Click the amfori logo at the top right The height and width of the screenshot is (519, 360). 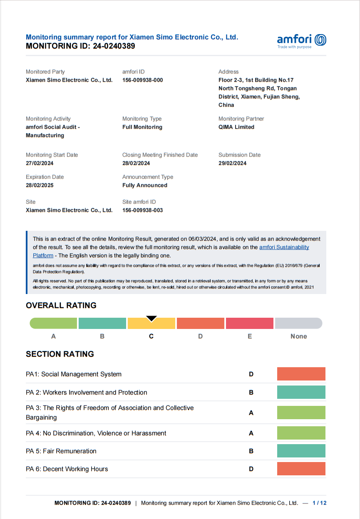click(x=301, y=40)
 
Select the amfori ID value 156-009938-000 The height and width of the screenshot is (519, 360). click(x=142, y=80)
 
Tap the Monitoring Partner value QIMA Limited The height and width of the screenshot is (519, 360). click(x=236, y=127)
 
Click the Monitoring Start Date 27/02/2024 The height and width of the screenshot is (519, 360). click(x=40, y=163)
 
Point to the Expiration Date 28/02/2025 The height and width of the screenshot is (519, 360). click(x=40, y=185)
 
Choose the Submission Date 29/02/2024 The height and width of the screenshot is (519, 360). click(x=232, y=163)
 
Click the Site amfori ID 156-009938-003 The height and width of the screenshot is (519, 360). click(x=142, y=210)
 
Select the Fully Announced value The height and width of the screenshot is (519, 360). click(x=144, y=185)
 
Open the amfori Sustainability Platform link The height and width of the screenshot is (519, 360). click(x=284, y=247)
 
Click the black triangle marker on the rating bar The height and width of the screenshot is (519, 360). click(x=151, y=319)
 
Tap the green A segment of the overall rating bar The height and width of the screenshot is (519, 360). click(x=53, y=323)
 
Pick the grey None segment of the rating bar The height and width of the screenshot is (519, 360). click(x=298, y=323)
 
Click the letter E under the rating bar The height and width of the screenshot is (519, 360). click(x=250, y=336)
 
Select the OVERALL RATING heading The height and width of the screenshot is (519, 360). click(x=61, y=305)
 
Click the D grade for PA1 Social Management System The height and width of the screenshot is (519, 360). click(x=251, y=374)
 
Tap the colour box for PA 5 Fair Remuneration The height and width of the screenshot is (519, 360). click(x=301, y=451)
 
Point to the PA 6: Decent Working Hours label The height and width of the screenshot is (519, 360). click(x=67, y=469)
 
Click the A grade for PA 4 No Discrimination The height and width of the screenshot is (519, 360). click(x=251, y=433)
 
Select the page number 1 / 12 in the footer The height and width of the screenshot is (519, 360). click(x=319, y=503)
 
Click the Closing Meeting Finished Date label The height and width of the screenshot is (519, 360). click(x=160, y=155)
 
